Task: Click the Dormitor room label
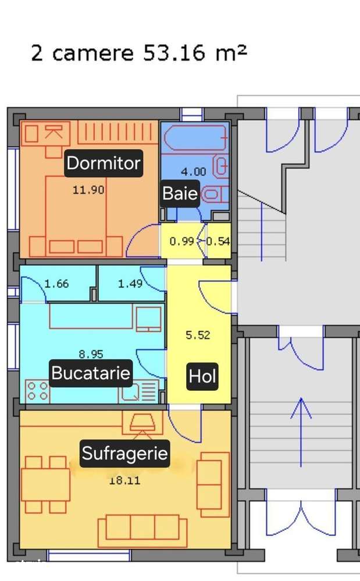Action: pos(104,163)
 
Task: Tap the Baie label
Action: pos(180,193)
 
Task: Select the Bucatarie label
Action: pos(91,373)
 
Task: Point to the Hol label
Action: pos(202,377)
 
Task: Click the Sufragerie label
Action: pos(124,454)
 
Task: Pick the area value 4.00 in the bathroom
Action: pos(194,172)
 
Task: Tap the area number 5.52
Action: pos(198,335)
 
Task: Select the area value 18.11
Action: pos(124,480)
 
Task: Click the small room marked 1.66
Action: pos(56,284)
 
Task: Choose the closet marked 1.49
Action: pos(130,284)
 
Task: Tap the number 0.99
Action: pos(181,241)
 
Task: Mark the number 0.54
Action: pos(218,241)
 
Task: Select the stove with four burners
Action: pos(37,391)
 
